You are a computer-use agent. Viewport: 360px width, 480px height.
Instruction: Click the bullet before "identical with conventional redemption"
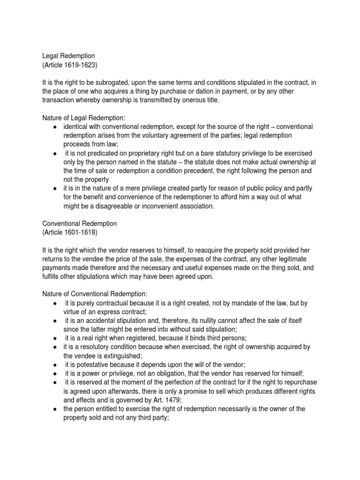56,127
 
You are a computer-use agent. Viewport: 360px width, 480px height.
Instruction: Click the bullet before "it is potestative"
56,365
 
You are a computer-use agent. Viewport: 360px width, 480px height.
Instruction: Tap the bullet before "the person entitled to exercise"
56,409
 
